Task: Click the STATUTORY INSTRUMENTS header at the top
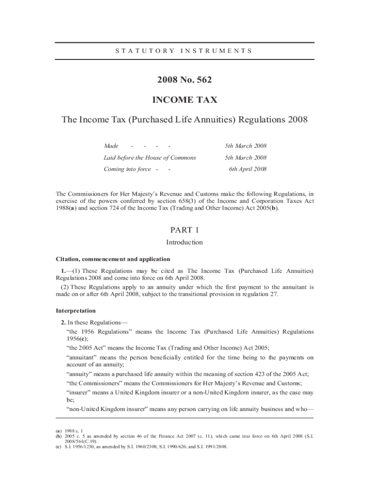184,50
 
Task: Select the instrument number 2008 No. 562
184,80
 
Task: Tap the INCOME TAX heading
184,100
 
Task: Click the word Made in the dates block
111,146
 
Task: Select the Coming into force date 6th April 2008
248,169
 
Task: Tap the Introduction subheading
184,242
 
